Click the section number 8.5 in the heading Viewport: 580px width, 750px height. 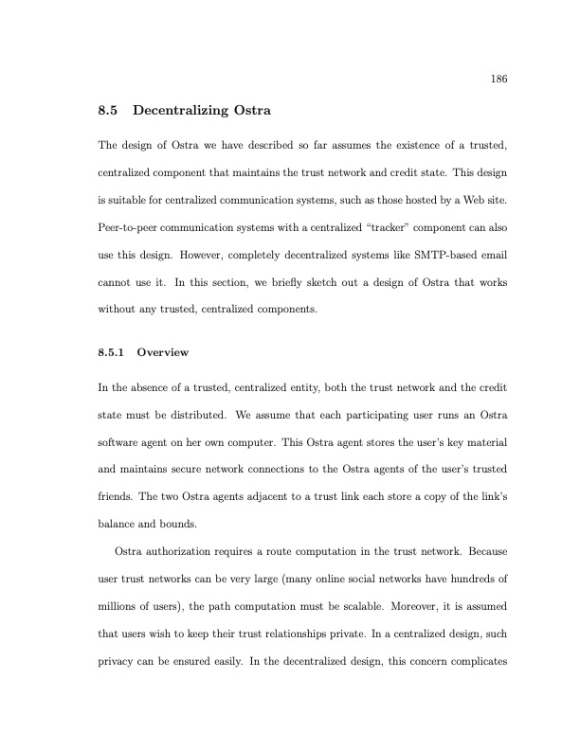point(108,112)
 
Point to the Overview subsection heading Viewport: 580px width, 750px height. point(163,353)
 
